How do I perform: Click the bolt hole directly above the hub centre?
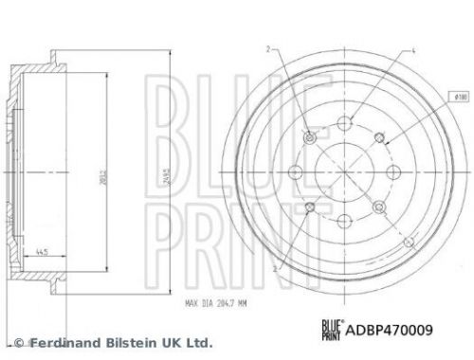[x=345, y=120]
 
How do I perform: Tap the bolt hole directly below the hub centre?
[x=345, y=223]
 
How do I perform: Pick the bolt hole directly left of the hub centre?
[x=294, y=171]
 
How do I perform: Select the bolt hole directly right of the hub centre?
[x=396, y=171]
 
